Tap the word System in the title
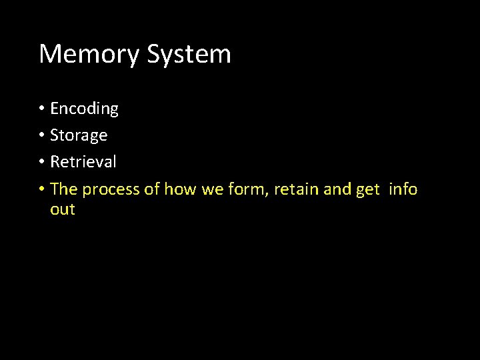189,54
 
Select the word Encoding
84,109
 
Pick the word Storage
79,135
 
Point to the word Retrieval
83,162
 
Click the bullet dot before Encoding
41,109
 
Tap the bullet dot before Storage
41,135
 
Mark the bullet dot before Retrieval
41,162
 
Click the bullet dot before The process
41,189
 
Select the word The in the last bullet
64,189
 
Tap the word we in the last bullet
212,190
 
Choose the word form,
249,189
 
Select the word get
368,190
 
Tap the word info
403,189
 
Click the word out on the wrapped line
63,209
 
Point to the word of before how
152,189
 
